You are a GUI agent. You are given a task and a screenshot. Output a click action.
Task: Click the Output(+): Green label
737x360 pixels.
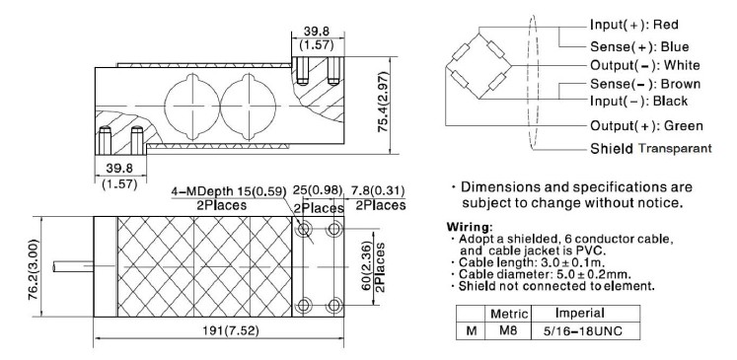coord(646,125)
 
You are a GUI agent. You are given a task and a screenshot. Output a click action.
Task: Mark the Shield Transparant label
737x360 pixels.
coord(650,149)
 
